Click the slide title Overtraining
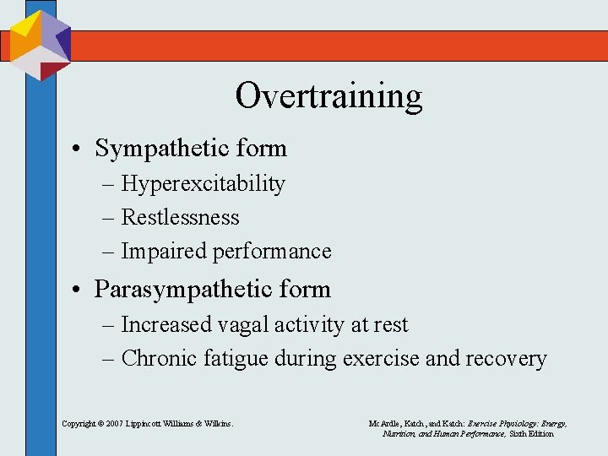click(328, 95)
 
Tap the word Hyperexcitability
click(204, 184)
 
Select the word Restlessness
click(181, 218)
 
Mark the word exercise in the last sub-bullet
click(381, 359)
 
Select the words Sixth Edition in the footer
click(530, 433)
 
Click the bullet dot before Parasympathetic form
click(77, 290)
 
